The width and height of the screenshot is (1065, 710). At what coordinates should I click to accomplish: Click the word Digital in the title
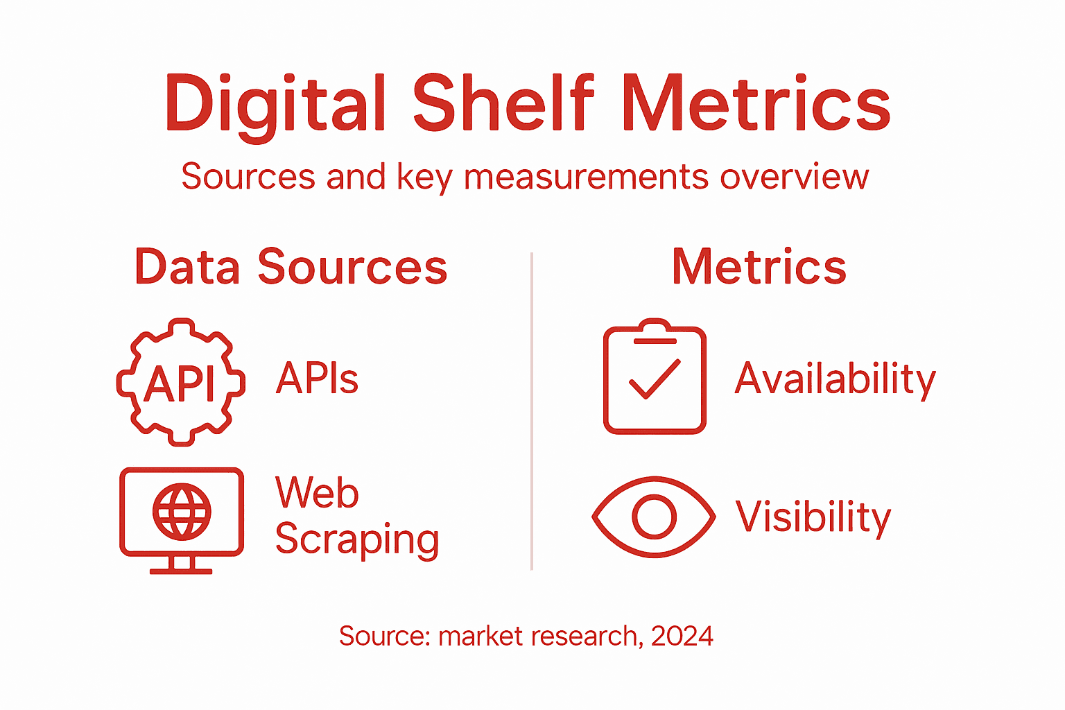pyautogui.click(x=275, y=104)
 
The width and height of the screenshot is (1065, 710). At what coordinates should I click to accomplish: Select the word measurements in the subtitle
pyautogui.click(x=587, y=177)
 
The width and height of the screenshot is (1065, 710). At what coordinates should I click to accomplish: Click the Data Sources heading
pyautogui.click(x=291, y=268)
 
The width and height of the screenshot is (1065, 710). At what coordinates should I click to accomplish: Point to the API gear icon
pyautogui.click(x=181, y=382)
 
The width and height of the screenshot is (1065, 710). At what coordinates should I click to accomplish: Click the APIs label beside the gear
pyautogui.click(x=317, y=379)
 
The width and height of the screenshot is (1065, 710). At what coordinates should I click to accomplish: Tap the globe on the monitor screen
pyautogui.click(x=182, y=512)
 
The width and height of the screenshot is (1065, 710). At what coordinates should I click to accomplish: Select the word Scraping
pyautogui.click(x=357, y=540)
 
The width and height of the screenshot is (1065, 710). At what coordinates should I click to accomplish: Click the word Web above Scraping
pyautogui.click(x=317, y=493)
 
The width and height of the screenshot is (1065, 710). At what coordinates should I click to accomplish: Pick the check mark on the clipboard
pyautogui.click(x=654, y=379)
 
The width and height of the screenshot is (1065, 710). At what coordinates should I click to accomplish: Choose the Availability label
pyautogui.click(x=835, y=380)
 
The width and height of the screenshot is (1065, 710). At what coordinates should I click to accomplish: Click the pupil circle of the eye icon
pyautogui.click(x=654, y=517)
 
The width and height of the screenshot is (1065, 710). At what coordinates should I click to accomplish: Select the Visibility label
pyautogui.click(x=813, y=517)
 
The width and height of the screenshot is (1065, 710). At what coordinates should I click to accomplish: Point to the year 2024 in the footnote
pyautogui.click(x=682, y=636)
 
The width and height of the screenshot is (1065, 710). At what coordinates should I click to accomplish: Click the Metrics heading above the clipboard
pyautogui.click(x=759, y=268)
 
